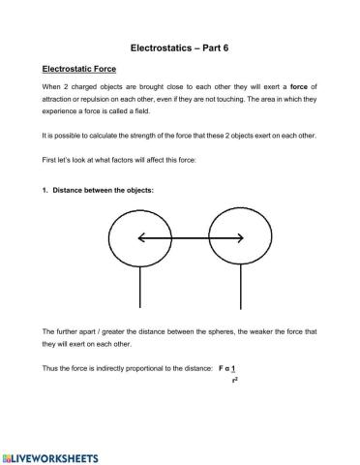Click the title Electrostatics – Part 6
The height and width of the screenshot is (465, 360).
click(179, 46)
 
